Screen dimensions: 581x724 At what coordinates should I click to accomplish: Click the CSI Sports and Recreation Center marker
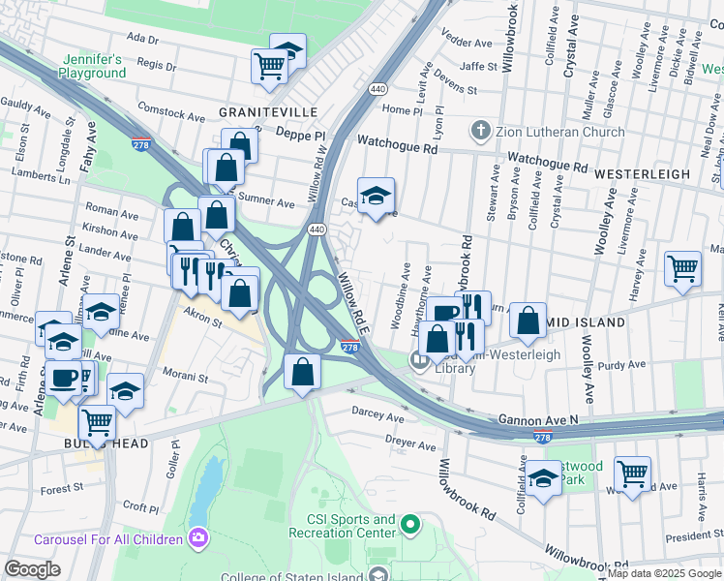pos(409,526)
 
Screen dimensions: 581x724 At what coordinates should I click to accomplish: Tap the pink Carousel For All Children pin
pos(199,537)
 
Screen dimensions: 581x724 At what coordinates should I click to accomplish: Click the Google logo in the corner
pos(32,570)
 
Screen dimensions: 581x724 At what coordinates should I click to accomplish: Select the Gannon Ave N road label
pos(538,419)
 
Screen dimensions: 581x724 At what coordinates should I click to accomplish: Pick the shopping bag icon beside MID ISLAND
pos(527,321)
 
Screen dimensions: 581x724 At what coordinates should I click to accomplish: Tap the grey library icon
pos(419,362)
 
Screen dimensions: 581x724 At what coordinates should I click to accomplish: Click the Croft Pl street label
pos(140,506)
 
